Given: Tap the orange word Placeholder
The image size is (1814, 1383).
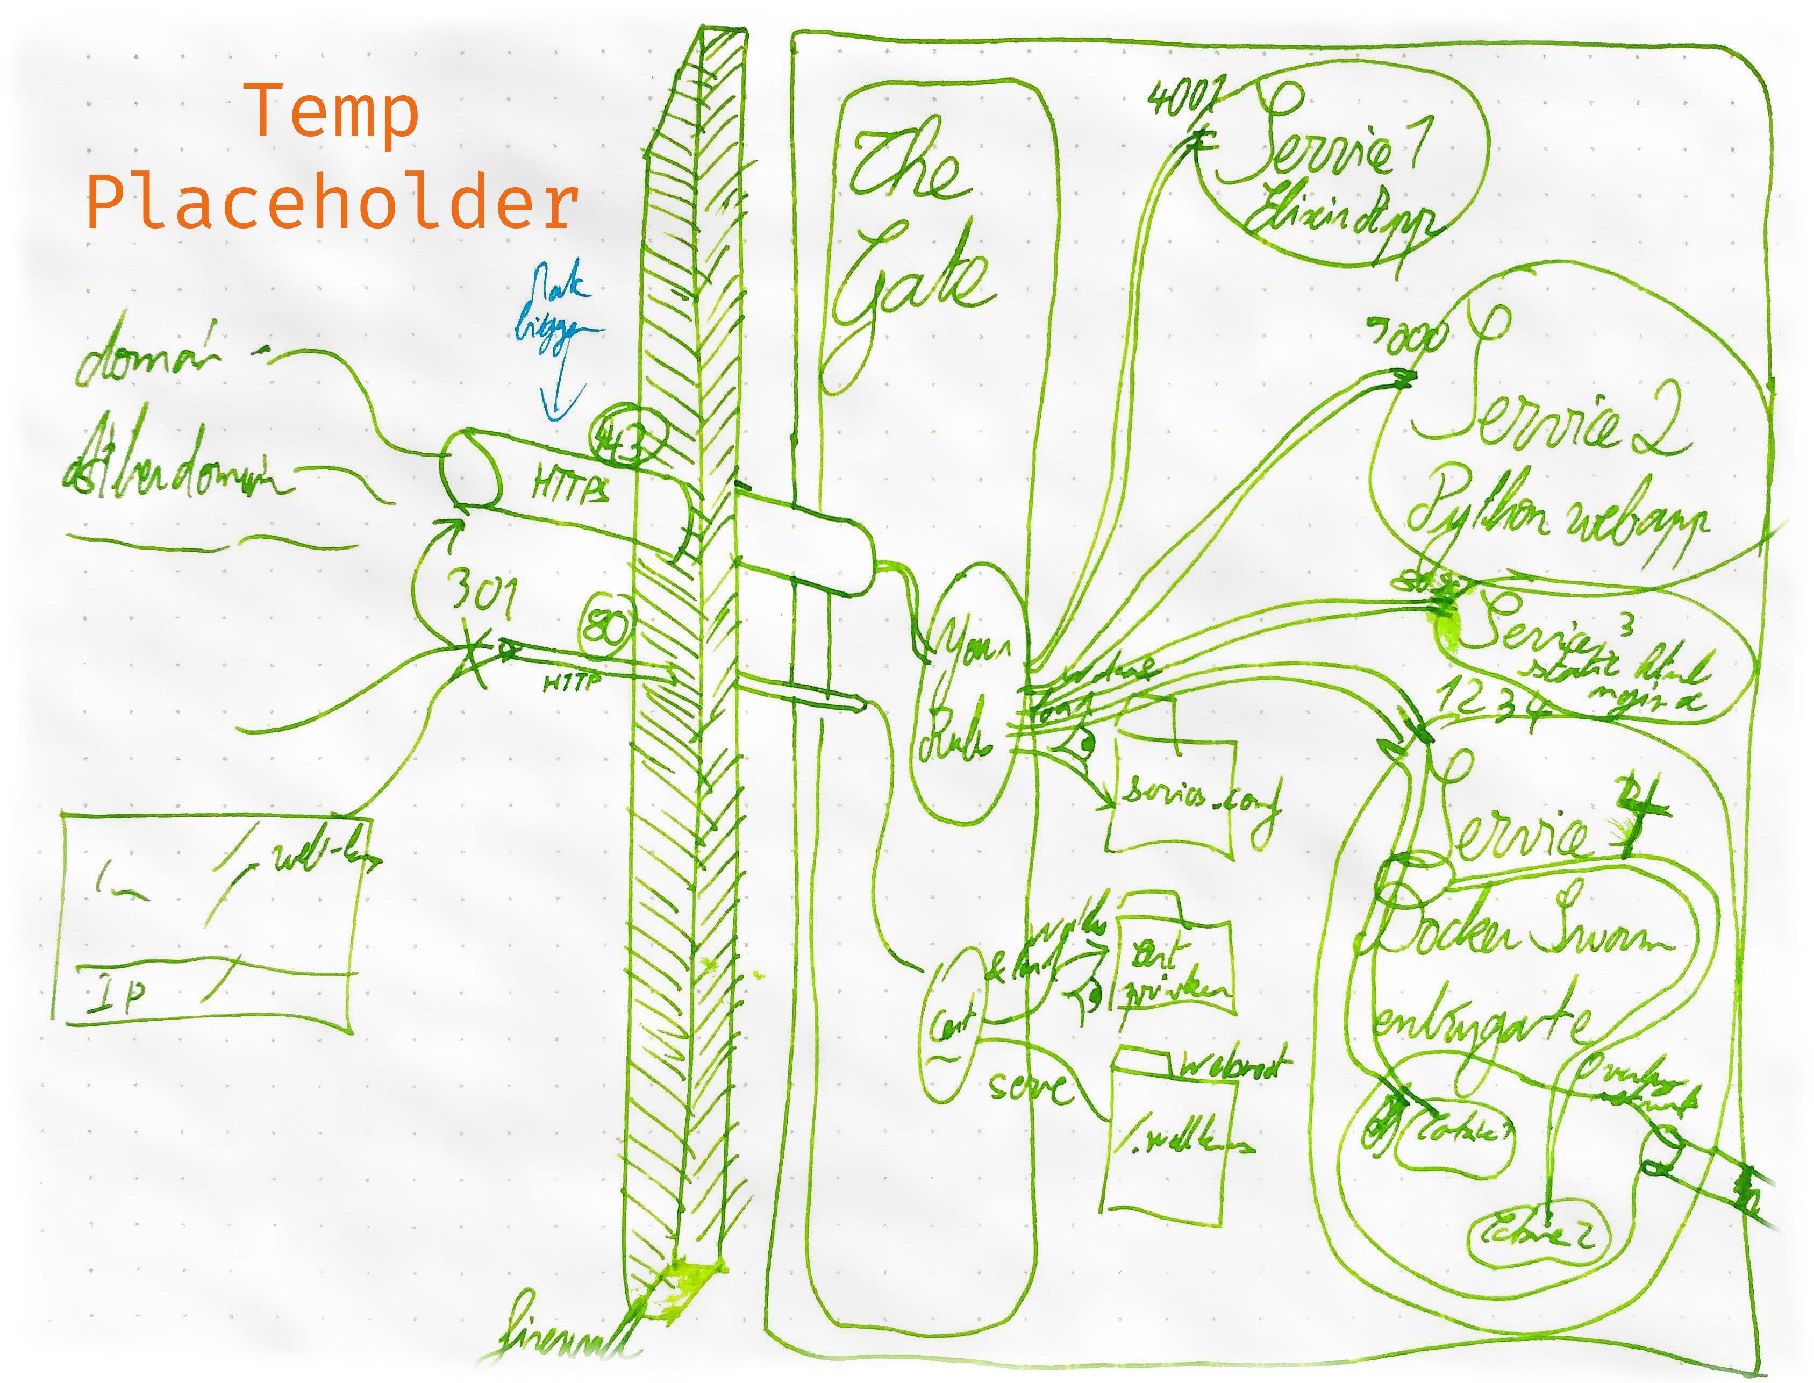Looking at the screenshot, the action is coord(332,203).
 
